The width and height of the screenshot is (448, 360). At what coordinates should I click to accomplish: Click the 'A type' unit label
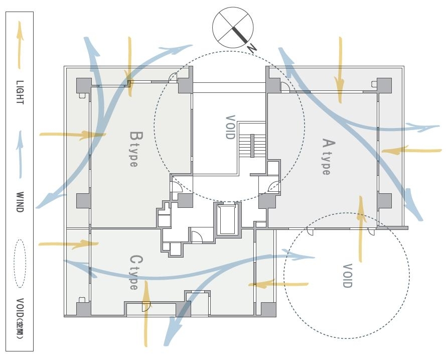pyautogui.click(x=327, y=157)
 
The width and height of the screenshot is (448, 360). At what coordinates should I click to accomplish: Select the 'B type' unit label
pyautogui.click(x=134, y=149)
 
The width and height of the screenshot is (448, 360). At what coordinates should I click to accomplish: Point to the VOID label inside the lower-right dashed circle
pyautogui.click(x=347, y=276)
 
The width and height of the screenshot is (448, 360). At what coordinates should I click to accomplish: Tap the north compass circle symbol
pyautogui.click(x=233, y=28)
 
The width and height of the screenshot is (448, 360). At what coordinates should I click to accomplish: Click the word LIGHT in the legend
pyautogui.click(x=20, y=92)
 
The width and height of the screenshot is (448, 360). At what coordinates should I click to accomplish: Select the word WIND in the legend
pyautogui.click(x=20, y=202)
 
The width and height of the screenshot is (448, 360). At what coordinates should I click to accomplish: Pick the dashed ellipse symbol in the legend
pyautogui.click(x=20, y=264)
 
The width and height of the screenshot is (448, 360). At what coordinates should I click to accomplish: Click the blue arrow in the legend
pyautogui.click(x=20, y=155)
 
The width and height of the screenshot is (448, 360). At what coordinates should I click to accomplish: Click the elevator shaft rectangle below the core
pyautogui.click(x=227, y=218)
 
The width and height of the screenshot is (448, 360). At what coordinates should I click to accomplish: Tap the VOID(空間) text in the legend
pyautogui.click(x=20, y=318)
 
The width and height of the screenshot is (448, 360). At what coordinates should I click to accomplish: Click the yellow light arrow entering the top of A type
pyautogui.click(x=340, y=70)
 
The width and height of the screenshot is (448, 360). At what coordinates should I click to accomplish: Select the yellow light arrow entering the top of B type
pyautogui.click(x=129, y=67)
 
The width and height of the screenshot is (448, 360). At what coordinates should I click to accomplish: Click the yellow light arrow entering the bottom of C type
pyautogui.click(x=146, y=313)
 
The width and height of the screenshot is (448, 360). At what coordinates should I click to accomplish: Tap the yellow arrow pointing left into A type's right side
pyautogui.click(x=411, y=150)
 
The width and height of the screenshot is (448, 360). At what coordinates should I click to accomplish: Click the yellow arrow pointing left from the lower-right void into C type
pyautogui.click(x=278, y=284)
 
